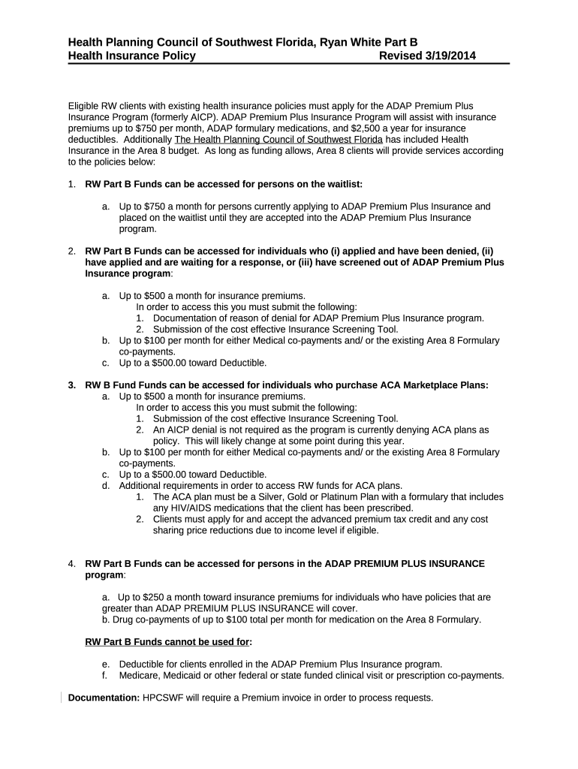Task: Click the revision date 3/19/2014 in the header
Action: pos(447,56)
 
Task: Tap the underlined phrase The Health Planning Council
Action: pos(278,140)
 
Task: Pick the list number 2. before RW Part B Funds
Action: pos(72,252)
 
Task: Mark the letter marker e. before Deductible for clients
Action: pos(107,664)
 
